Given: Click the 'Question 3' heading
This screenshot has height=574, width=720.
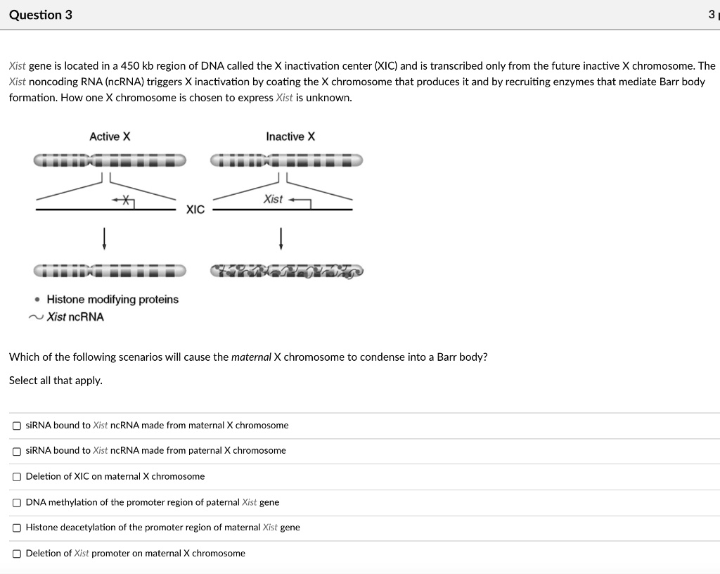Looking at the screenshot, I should coord(41,15).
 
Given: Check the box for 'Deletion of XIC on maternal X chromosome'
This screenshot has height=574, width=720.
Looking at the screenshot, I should coord(16,477).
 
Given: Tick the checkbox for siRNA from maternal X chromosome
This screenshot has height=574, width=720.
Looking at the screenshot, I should coord(16,426).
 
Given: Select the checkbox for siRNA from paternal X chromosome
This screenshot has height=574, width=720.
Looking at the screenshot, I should coord(16,451).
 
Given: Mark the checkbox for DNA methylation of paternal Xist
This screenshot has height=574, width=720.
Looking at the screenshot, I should coord(16,503).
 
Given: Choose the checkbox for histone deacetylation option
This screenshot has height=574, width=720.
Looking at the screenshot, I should coord(16,528).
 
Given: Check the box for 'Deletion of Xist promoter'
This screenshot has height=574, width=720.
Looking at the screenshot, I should coord(16,554).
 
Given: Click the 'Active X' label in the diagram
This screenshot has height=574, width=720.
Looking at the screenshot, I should coord(110,136).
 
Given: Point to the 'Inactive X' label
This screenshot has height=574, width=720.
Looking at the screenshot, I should coord(290,136).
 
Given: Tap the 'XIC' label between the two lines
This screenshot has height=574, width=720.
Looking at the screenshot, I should coord(195,210).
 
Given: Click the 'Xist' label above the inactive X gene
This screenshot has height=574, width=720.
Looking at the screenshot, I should coord(273,200).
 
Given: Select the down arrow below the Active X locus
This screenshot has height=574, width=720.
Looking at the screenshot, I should coord(105,237).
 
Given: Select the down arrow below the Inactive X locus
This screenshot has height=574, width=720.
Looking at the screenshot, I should coord(281,237).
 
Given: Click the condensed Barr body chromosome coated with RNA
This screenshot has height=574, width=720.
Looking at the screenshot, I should coord(287,271).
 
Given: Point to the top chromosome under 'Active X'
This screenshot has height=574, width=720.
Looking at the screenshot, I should coord(110,161).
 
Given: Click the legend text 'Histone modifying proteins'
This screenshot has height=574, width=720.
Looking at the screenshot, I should coord(112,300).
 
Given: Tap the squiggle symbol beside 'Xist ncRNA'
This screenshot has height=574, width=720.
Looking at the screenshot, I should coord(36,317).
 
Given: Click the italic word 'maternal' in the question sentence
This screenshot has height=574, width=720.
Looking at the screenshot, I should coord(251,357).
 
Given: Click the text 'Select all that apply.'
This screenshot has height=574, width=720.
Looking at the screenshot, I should coord(56,381).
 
